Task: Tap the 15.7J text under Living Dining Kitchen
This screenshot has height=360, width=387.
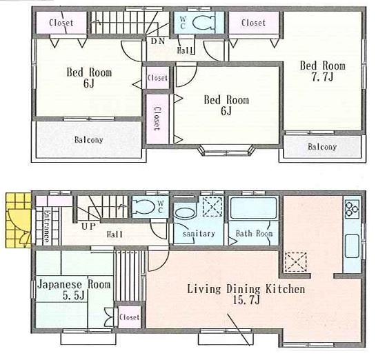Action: point(246,301)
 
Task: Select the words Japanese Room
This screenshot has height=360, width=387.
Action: point(75,283)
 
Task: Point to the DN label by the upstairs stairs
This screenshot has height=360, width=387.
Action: point(157,41)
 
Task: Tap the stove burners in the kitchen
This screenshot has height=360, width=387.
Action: point(351,207)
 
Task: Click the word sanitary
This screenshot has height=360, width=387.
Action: point(199,234)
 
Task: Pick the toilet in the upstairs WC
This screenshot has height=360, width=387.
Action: point(202,23)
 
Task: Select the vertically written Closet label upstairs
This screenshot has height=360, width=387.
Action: point(157,118)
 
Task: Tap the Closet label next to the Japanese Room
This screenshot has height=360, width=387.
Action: point(129,317)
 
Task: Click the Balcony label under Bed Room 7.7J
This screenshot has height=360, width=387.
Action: point(322,147)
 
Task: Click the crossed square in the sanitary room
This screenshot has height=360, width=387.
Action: point(211,206)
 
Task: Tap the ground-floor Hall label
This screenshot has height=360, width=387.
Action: point(115,235)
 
